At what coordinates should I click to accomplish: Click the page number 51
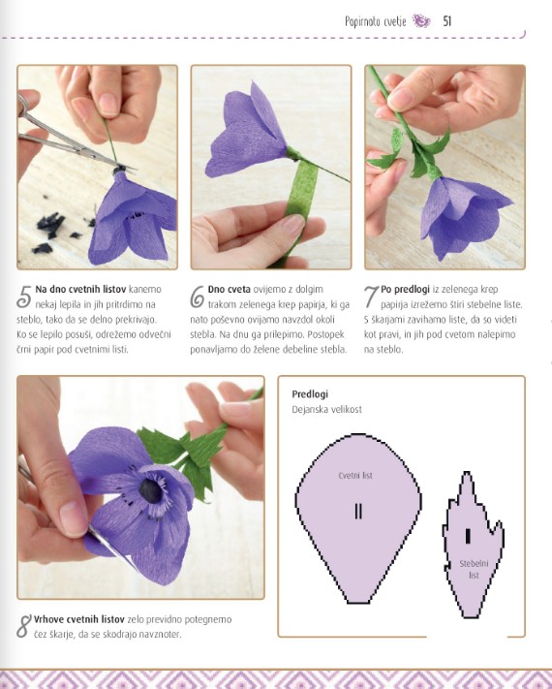pyautogui.click(x=447, y=21)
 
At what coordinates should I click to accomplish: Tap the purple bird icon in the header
pyautogui.click(x=421, y=20)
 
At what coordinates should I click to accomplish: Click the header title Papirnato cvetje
pyautogui.click(x=375, y=21)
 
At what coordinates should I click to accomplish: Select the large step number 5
pyautogui.click(x=24, y=297)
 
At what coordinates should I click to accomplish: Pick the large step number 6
pyautogui.click(x=198, y=297)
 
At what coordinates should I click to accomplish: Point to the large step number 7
pyautogui.click(x=371, y=297)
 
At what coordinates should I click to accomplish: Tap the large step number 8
pyautogui.click(x=24, y=626)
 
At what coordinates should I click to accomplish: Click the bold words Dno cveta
pyautogui.click(x=229, y=289)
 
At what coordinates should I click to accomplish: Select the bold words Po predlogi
pyautogui.click(x=405, y=290)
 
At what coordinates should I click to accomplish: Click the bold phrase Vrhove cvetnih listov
pyautogui.click(x=79, y=619)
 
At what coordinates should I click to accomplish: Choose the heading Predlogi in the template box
pyautogui.click(x=310, y=394)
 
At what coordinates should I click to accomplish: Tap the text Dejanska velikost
pyautogui.click(x=326, y=410)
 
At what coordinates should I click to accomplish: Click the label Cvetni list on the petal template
pyautogui.click(x=355, y=476)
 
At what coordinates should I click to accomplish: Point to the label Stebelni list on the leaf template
pyautogui.click(x=474, y=570)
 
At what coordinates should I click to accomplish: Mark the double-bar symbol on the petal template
pyautogui.click(x=358, y=511)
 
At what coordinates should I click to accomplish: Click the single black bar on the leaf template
pyautogui.click(x=468, y=536)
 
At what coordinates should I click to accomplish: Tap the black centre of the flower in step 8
pyautogui.click(x=151, y=490)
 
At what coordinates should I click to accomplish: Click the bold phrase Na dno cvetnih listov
pyautogui.click(x=80, y=289)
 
